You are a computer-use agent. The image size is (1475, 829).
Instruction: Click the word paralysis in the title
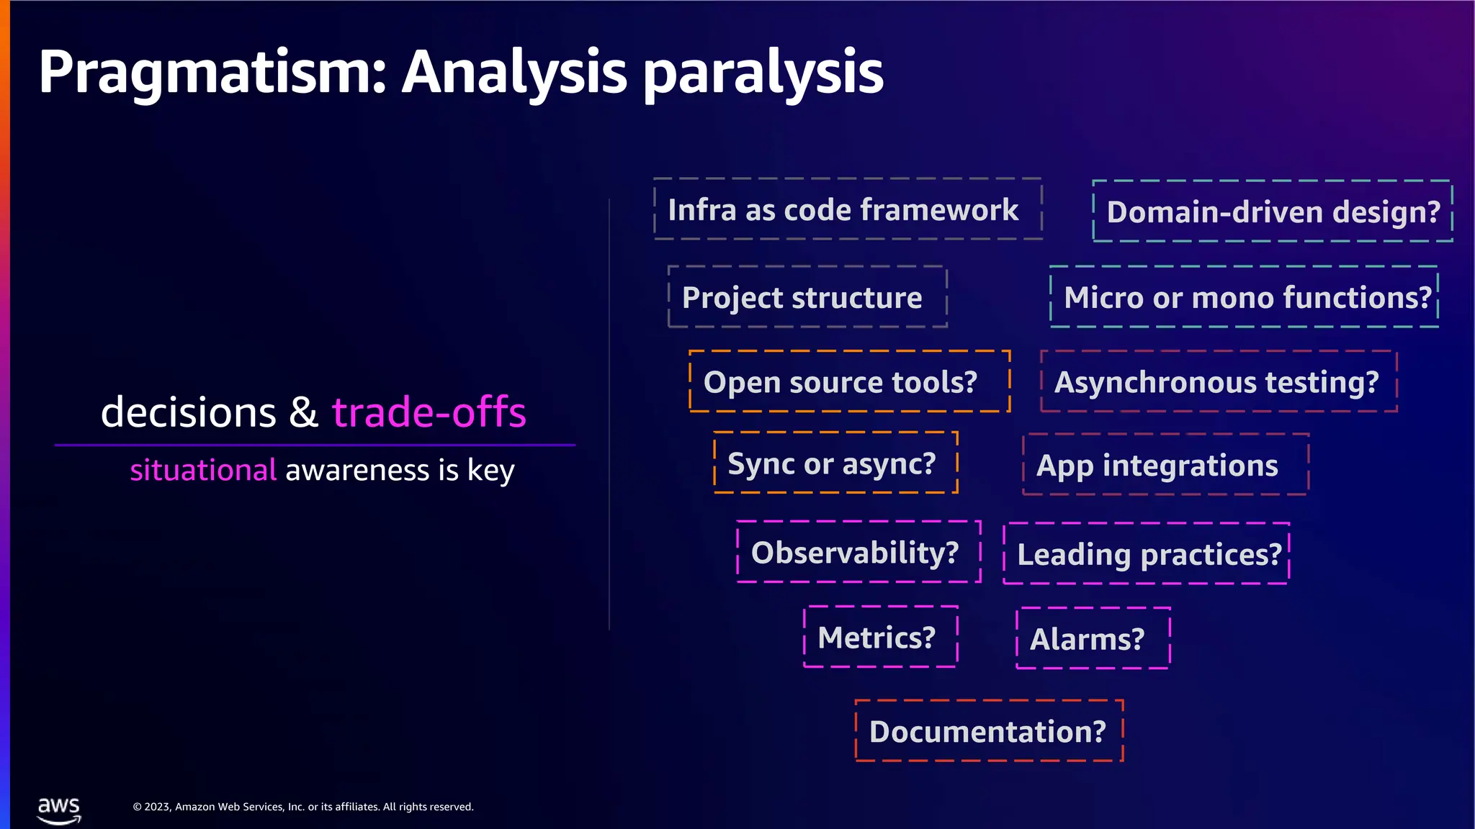(x=763, y=73)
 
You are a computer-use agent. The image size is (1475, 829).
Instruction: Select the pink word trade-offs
(x=429, y=412)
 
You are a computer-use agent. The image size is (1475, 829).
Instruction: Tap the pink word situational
(x=203, y=471)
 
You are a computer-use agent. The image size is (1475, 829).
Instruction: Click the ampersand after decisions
(x=303, y=412)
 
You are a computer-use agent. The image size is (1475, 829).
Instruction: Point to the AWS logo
(x=59, y=810)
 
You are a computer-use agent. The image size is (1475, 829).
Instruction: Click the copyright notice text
(x=302, y=807)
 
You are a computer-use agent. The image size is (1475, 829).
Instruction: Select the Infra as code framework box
(x=848, y=209)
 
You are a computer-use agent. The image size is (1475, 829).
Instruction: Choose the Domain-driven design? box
(x=1273, y=212)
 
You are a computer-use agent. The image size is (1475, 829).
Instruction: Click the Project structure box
(x=807, y=297)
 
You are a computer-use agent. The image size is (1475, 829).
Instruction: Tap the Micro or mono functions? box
(x=1244, y=297)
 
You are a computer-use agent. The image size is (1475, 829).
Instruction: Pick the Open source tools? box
(x=849, y=381)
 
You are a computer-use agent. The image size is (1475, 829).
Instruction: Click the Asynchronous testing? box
(x=1219, y=381)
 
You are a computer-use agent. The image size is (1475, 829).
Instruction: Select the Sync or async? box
(x=835, y=463)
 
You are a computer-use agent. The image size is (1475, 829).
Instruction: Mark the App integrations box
(x=1165, y=465)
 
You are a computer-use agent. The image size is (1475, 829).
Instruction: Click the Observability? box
(x=858, y=552)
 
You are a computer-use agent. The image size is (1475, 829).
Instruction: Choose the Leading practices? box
(x=1146, y=553)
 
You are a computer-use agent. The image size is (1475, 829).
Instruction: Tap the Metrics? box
(x=880, y=637)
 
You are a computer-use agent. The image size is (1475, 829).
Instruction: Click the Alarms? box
(x=1093, y=638)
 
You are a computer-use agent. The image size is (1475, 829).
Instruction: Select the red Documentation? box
(x=989, y=731)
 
